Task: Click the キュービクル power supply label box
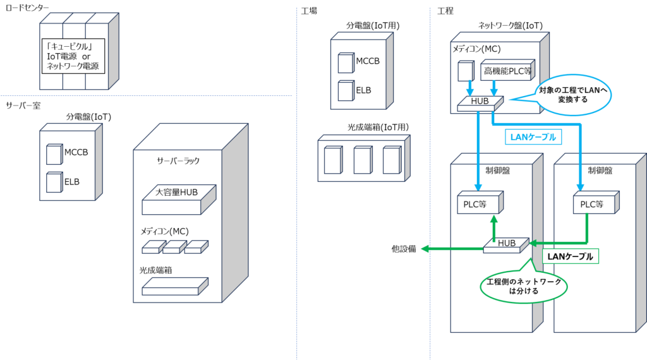point(74,56)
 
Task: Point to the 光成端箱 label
point(157,270)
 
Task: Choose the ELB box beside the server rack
point(54,183)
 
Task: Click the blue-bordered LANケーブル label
point(532,136)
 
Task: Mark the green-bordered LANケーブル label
point(570,256)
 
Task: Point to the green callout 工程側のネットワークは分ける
point(524,287)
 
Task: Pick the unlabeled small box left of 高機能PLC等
point(466,71)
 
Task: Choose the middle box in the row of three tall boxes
point(363,160)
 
